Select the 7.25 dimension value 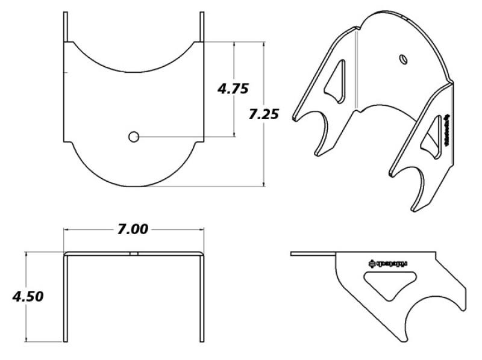click(263, 114)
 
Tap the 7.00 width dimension click(133, 229)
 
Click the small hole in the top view click(134, 137)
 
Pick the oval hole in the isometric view click(404, 58)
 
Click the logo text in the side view click(388, 262)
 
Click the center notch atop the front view click(134, 253)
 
